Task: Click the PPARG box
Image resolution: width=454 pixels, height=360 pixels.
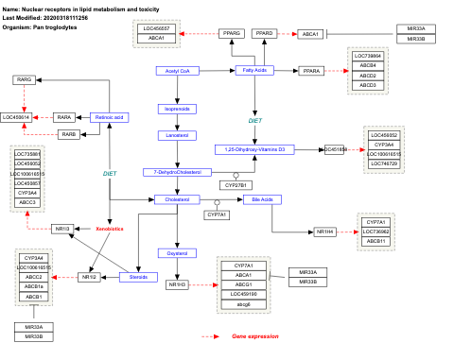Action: tap(232, 33)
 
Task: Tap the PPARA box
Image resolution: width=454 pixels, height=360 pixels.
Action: tap(310, 71)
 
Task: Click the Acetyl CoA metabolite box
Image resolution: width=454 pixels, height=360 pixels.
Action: tap(176, 71)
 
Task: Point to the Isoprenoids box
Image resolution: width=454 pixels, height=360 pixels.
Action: tap(176, 109)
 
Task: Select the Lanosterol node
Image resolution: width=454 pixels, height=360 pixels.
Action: tap(176, 135)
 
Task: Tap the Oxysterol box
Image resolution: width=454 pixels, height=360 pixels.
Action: tap(176, 252)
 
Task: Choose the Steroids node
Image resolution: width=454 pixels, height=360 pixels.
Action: tap(138, 277)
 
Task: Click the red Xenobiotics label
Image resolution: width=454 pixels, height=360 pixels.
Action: tap(110, 230)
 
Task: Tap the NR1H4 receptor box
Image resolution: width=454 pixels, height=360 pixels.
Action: tap(325, 231)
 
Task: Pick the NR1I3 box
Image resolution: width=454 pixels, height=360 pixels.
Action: tap(62, 229)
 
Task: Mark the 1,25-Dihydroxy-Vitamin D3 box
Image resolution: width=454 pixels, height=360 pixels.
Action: tap(255, 149)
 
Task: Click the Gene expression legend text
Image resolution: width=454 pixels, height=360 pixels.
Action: tap(250, 336)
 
